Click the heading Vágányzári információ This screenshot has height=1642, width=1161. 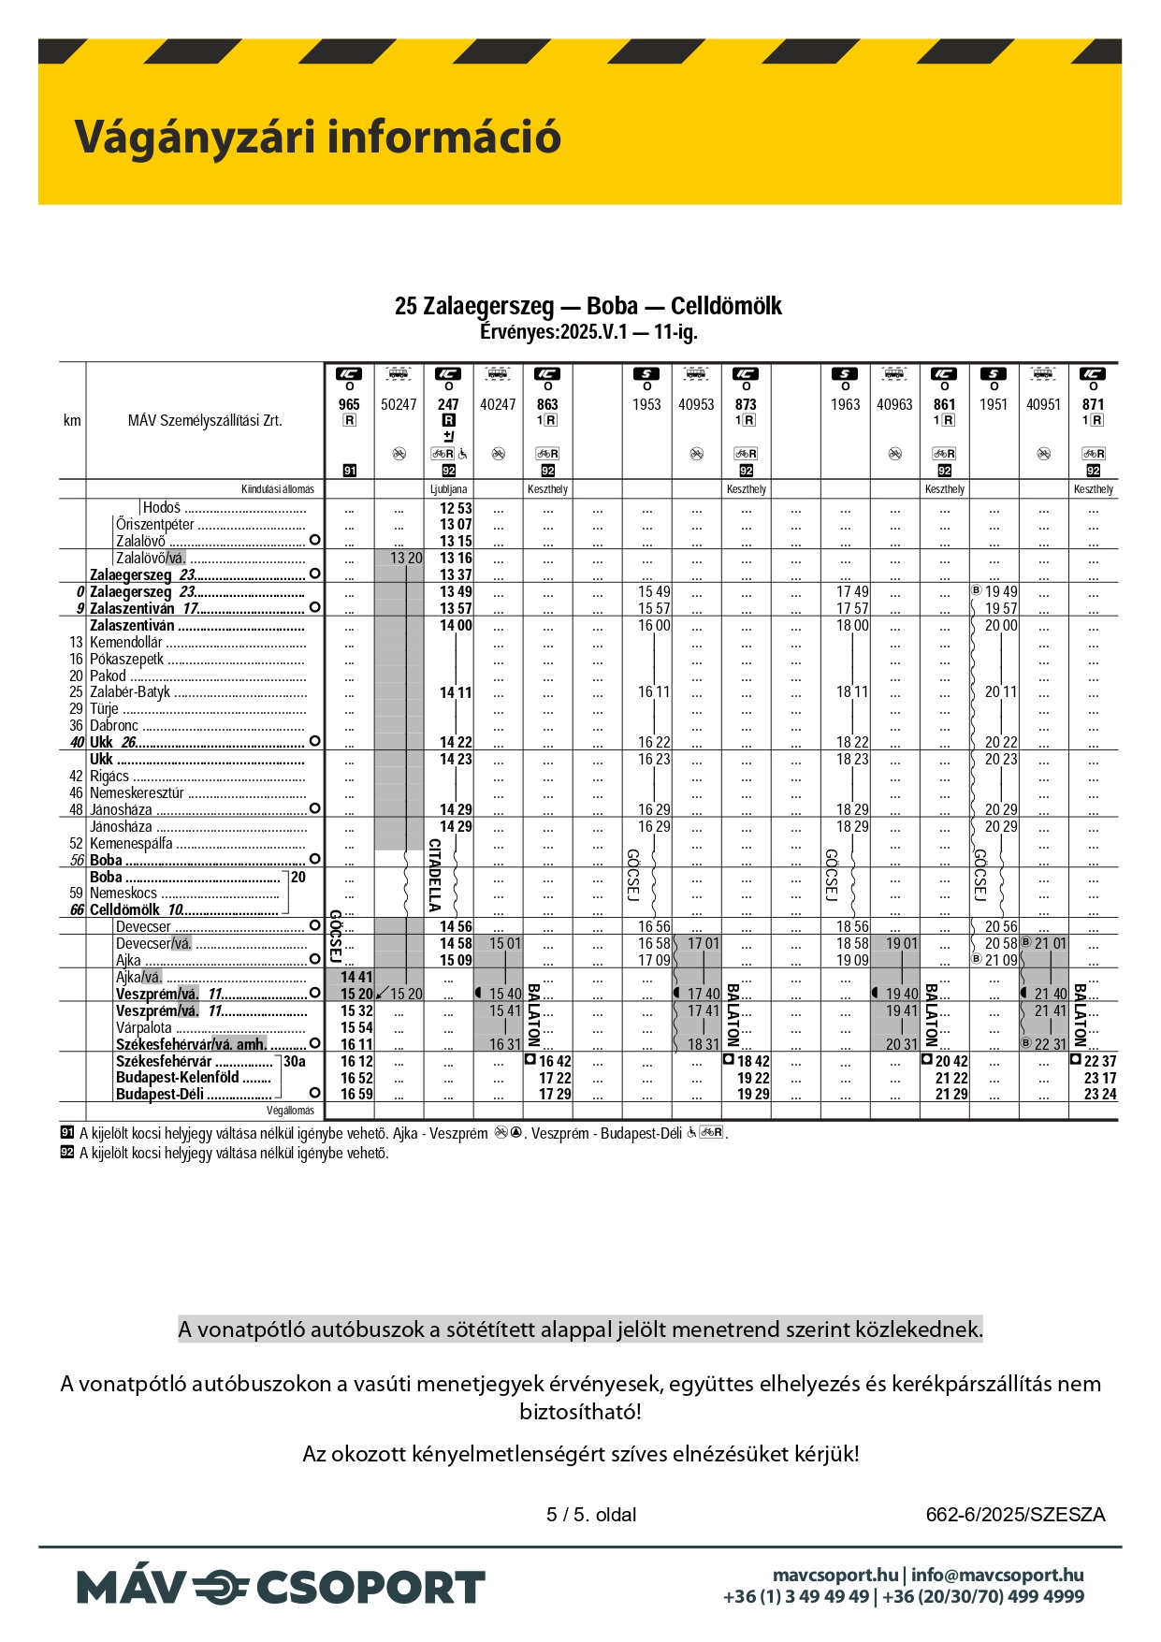click(x=317, y=137)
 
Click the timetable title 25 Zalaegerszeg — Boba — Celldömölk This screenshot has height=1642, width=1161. click(x=588, y=306)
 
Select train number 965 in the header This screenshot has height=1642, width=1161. click(x=349, y=404)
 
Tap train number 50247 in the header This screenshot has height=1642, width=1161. click(x=399, y=404)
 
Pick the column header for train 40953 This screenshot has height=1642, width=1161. click(x=696, y=404)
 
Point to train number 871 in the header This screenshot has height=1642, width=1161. click(x=1093, y=404)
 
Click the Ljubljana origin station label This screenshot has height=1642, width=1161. click(x=448, y=489)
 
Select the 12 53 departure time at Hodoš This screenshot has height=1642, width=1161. click(x=456, y=508)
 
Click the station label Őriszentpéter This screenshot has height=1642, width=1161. click(x=155, y=525)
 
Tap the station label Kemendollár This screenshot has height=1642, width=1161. click(x=126, y=643)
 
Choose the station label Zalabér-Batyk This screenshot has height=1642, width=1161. click(x=130, y=692)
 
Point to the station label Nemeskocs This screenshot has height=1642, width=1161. click(x=123, y=894)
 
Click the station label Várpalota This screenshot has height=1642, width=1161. click(x=144, y=1027)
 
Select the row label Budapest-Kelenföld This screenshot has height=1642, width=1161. click(x=178, y=1078)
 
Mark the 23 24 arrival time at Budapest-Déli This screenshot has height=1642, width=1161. click(x=1100, y=1094)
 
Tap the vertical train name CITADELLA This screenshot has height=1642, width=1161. click(x=435, y=875)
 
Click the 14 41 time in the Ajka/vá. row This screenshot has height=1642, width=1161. click(x=356, y=977)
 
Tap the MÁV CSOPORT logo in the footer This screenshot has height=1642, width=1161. click(x=281, y=1588)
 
